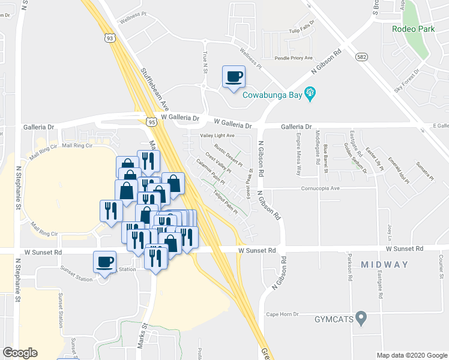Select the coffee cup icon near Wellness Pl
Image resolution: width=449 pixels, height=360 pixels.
[x=234, y=77]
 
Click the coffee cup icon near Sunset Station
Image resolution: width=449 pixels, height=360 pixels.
[x=105, y=262]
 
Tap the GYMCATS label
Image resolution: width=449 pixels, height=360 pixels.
[x=333, y=319]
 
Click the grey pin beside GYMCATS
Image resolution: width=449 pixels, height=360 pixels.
[x=361, y=317]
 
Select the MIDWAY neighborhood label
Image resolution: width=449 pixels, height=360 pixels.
[x=385, y=265]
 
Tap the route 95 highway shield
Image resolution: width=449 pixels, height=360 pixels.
[x=152, y=122]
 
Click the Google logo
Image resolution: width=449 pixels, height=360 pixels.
[x=20, y=353]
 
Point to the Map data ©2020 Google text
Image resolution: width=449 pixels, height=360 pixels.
[x=411, y=355]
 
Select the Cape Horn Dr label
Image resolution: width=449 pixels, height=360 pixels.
[x=282, y=314]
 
